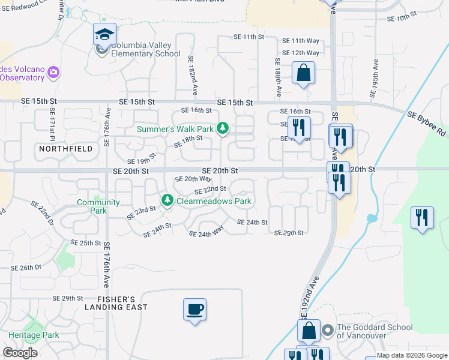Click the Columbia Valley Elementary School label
pos(145,49)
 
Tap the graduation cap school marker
pos(104,34)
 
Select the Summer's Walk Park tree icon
pos(223,128)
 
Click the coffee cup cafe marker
pos(194,310)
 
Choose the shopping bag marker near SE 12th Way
pos(304,73)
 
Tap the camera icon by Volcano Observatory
pos(53,73)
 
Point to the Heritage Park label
pos(34,335)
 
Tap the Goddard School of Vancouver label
pos(375,331)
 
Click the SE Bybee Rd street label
pos(427,122)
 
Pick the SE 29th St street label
pos(68,298)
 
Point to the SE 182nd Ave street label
pos(192,76)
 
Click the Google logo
pos(20,353)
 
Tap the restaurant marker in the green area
pos(422,217)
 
